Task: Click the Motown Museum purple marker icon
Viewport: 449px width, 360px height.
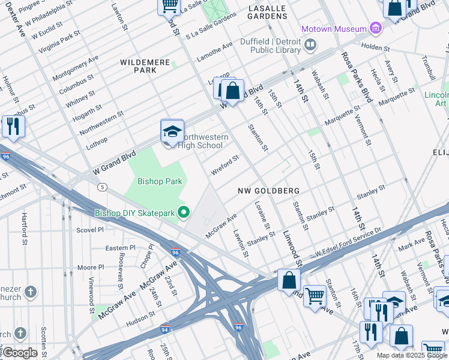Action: (376, 28)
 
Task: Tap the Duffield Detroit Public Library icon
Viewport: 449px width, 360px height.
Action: (310, 44)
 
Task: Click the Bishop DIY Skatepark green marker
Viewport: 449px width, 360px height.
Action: (185, 212)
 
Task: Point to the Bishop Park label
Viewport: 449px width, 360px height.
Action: (160, 181)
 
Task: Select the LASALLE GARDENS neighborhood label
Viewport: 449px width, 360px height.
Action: (267, 13)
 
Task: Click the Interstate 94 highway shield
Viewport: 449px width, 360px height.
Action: (164, 329)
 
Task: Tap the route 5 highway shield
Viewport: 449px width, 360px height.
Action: (103, 187)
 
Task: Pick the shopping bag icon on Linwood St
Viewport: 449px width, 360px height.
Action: (289, 280)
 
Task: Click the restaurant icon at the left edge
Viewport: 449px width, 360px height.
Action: (12, 126)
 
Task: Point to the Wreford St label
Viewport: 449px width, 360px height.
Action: (225, 165)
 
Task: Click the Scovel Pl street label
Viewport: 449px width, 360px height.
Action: (91, 229)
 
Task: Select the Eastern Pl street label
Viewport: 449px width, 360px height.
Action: (121, 247)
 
